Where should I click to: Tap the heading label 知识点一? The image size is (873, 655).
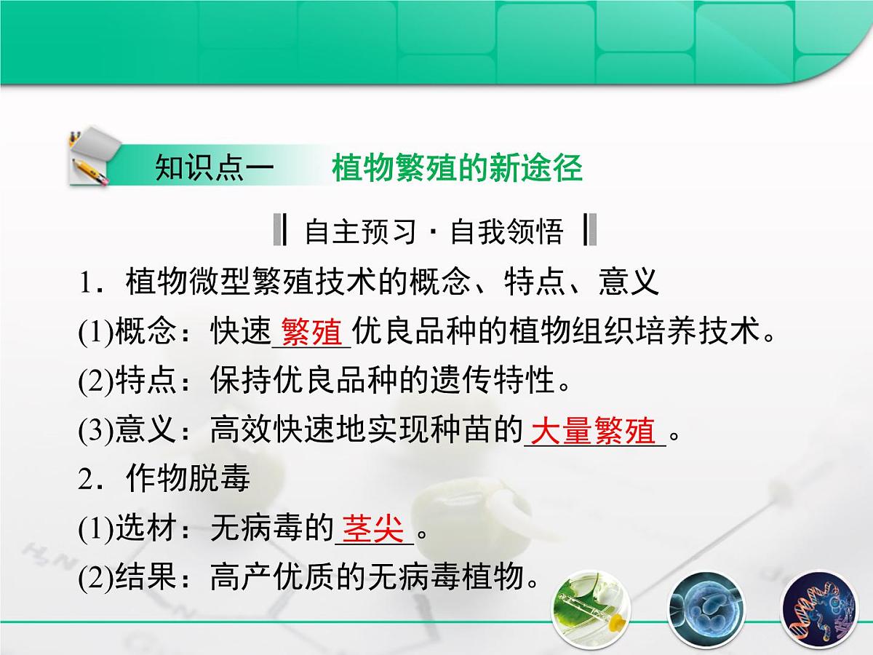[x=214, y=169]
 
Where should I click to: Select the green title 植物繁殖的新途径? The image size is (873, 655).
[x=457, y=169]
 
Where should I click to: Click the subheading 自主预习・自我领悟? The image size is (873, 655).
[x=434, y=231]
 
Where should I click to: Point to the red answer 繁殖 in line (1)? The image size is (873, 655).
[x=311, y=333]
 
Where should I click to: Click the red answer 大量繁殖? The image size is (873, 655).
[x=593, y=431]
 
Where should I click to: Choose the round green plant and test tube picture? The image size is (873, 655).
[x=591, y=607]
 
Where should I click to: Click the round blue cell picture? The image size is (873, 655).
[x=703, y=607]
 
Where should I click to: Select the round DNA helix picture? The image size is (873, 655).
[x=815, y=607]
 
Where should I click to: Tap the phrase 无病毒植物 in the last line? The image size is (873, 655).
[x=455, y=579]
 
